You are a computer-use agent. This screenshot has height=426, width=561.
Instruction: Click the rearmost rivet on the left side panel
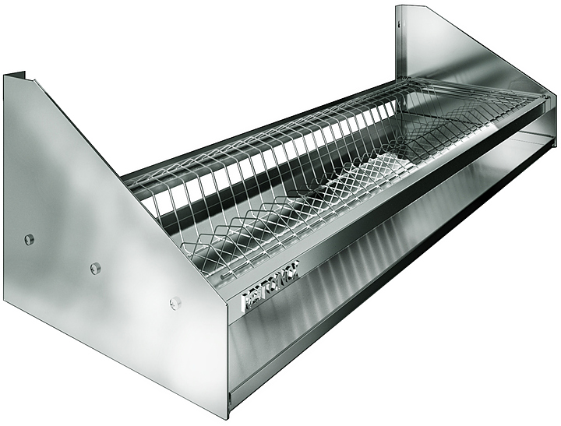click(x=30, y=239)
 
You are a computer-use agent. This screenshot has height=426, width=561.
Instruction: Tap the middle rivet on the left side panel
click(x=95, y=268)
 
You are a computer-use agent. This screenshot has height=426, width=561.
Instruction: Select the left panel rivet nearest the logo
click(x=175, y=303)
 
